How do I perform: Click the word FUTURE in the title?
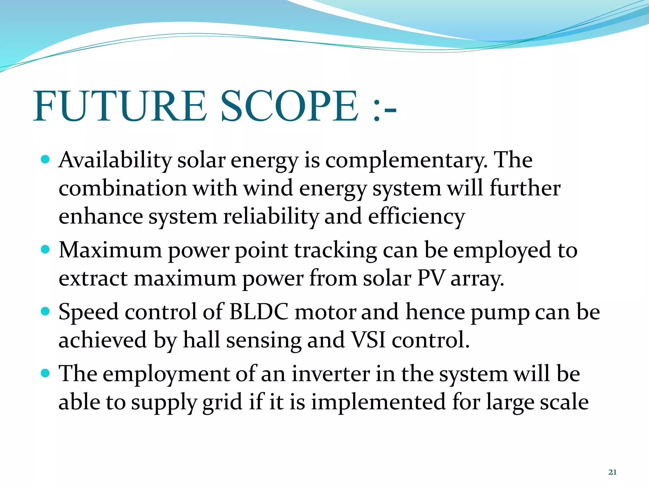[120, 106]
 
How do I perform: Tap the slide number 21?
[612, 472]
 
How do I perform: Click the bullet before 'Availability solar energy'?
[46, 159]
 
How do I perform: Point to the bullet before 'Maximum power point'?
[46, 249]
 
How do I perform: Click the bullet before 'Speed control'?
[46, 311]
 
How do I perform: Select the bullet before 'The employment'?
[46, 373]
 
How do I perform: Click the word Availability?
[115, 160]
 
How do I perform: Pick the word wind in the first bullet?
[268, 188]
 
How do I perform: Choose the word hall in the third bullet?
[202, 340]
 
